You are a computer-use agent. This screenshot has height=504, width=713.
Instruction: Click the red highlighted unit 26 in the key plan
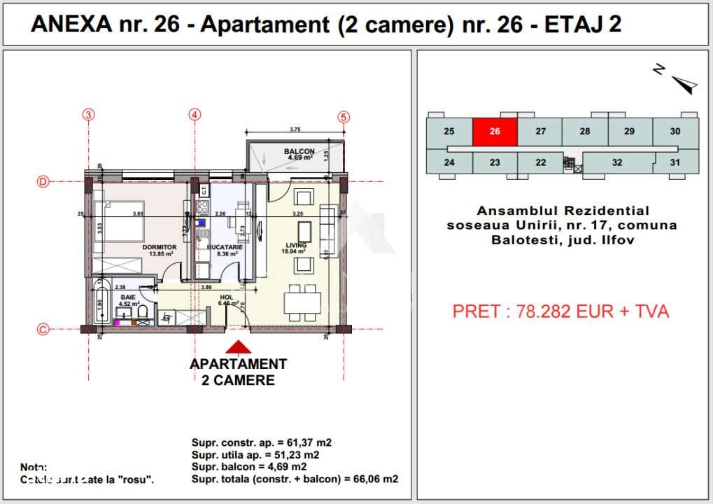coord(495,132)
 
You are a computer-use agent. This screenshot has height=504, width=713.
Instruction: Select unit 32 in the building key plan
coord(616,162)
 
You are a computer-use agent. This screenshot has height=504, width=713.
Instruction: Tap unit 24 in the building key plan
coord(449,162)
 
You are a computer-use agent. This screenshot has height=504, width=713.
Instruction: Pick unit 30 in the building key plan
coord(675,132)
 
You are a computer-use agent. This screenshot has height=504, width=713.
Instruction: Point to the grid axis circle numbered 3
coord(88,115)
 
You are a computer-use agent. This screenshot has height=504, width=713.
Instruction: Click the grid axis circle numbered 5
coord(343,117)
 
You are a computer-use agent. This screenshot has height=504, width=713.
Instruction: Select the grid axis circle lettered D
coord(43,182)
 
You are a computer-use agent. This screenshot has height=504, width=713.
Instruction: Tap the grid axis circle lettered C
coord(43,329)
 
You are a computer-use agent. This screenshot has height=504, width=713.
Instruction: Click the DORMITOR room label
coord(160,247)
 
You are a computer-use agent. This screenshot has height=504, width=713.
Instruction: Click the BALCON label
coord(299,151)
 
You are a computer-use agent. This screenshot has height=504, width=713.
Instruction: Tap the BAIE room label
coord(127,297)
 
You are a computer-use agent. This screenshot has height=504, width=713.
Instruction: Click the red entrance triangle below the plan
coord(238,347)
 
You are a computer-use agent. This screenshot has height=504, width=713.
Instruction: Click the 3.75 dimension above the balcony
coord(295,129)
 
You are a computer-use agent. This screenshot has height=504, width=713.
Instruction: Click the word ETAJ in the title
coord(568,24)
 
